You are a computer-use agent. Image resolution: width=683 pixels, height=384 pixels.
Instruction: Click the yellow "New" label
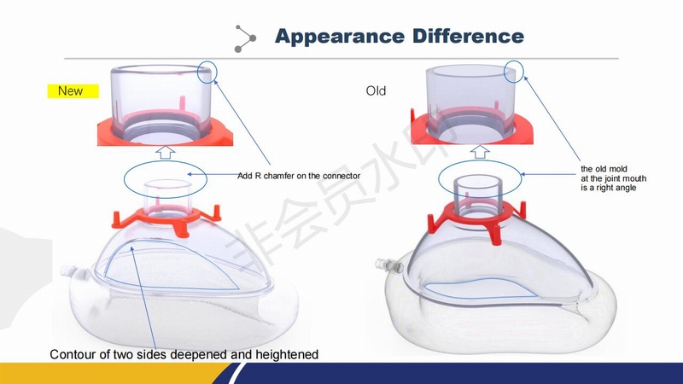(x=73, y=91)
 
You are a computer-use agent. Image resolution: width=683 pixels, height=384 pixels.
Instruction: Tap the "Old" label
(x=376, y=91)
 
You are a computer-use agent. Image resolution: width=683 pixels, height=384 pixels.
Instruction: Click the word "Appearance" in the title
(x=340, y=37)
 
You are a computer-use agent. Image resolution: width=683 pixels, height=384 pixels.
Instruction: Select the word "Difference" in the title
(x=468, y=36)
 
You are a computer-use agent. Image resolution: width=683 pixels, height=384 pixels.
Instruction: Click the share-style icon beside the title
(x=245, y=38)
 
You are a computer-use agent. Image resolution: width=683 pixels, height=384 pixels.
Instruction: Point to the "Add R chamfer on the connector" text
(x=299, y=176)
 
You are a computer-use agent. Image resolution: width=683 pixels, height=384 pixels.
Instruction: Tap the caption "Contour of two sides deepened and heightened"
(x=184, y=354)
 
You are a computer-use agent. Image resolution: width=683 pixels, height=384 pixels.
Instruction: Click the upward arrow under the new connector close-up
(x=166, y=153)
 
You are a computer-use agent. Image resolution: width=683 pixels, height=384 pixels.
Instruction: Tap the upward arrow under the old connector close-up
(x=480, y=152)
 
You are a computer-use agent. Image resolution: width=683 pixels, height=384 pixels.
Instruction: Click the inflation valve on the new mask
(x=70, y=271)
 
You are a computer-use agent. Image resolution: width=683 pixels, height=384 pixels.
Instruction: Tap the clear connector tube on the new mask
(x=167, y=197)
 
